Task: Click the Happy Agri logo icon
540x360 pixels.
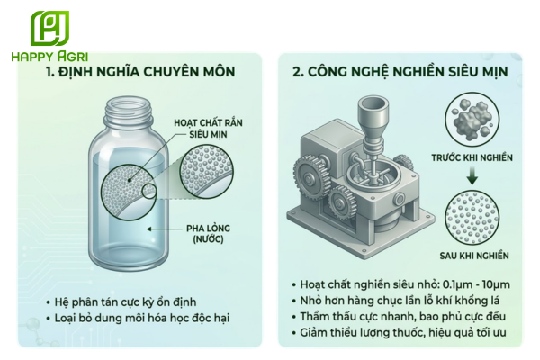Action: point(49,27)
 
